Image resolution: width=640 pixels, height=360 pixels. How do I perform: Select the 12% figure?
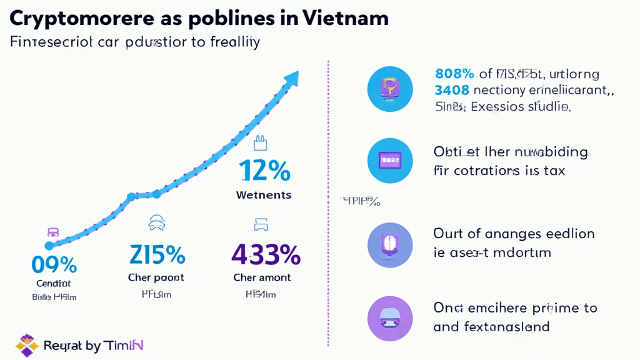coord(264,171)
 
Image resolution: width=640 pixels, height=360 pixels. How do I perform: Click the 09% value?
coord(54,265)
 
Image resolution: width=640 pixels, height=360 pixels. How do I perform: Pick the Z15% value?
coord(157,255)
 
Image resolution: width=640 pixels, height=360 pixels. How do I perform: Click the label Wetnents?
coord(264,195)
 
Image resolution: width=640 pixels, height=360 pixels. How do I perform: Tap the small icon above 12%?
coord(260,145)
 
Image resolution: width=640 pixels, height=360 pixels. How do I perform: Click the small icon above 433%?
coord(260,224)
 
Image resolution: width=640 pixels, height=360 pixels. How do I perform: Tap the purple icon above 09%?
coord(53,231)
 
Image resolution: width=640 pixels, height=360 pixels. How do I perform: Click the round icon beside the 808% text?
coord(391,89)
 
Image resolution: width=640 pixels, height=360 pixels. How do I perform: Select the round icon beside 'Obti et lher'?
coord(391,161)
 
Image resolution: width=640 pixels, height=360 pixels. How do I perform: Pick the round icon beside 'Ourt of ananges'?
coord(391,242)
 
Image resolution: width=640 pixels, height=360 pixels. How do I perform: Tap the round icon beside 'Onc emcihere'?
coord(391,317)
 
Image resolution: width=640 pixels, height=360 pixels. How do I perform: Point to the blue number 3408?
coord(451,91)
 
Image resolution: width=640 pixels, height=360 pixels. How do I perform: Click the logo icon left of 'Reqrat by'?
coord(27,345)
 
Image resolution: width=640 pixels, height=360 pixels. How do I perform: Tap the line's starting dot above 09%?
coord(49,246)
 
